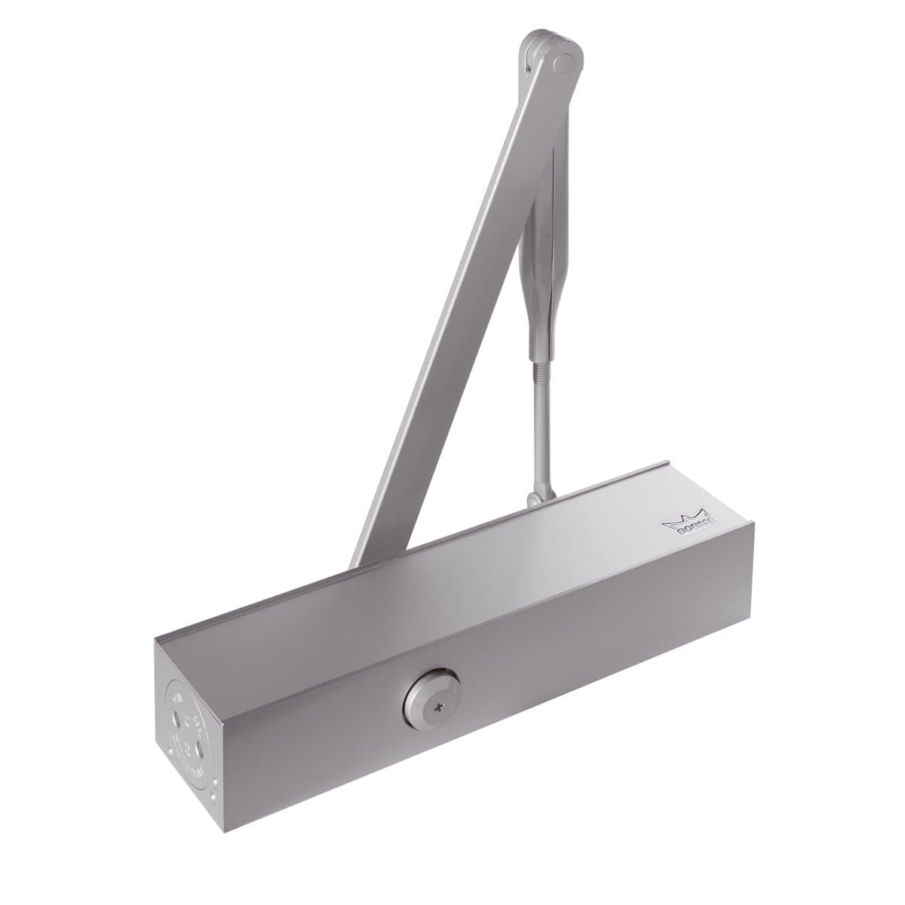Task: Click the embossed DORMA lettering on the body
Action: (x=689, y=527)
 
